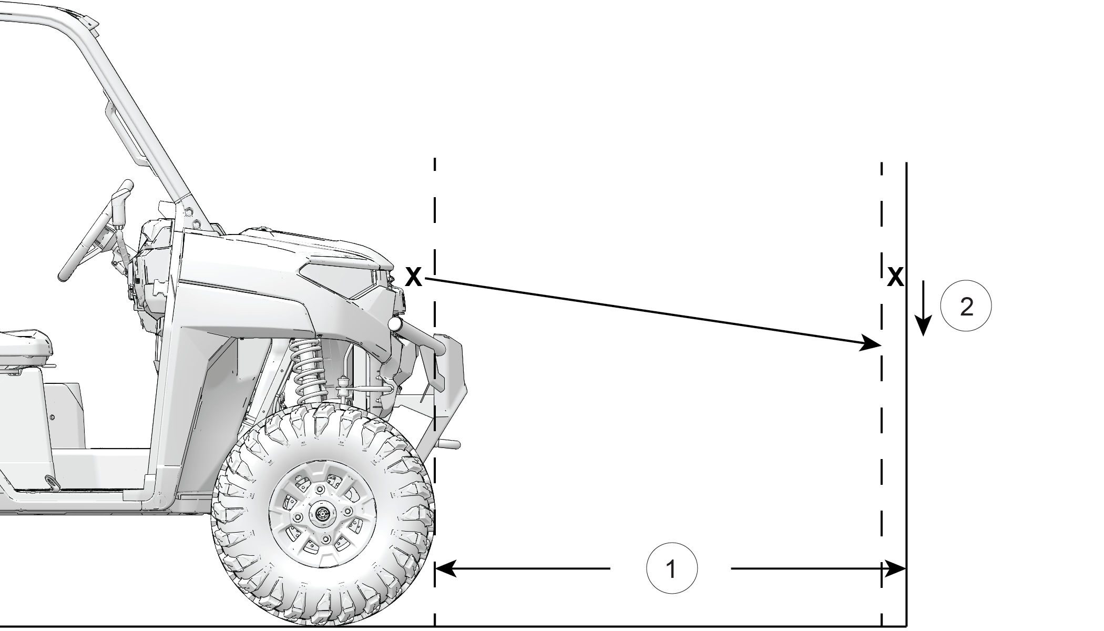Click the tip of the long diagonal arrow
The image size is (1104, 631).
pyautogui.click(x=881, y=345)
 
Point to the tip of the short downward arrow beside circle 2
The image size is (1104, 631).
pyautogui.click(x=923, y=336)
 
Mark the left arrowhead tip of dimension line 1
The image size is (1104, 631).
pyautogui.click(x=436, y=568)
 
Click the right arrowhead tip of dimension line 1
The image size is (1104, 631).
pyautogui.click(x=906, y=568)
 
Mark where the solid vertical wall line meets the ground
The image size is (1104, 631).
pyautogui.click(x=906, y=626)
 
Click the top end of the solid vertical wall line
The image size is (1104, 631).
pyautogui.click(x=906, y=163)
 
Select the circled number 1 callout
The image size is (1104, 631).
pyautogui.click(x=671, y=568)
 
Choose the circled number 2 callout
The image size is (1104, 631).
pyautogui.click(x=966, y=306)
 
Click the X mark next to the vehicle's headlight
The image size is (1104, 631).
pyautogui.click(x=414, y=277)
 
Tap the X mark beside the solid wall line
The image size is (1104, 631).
pyautogui.click(x=895, y=277)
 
